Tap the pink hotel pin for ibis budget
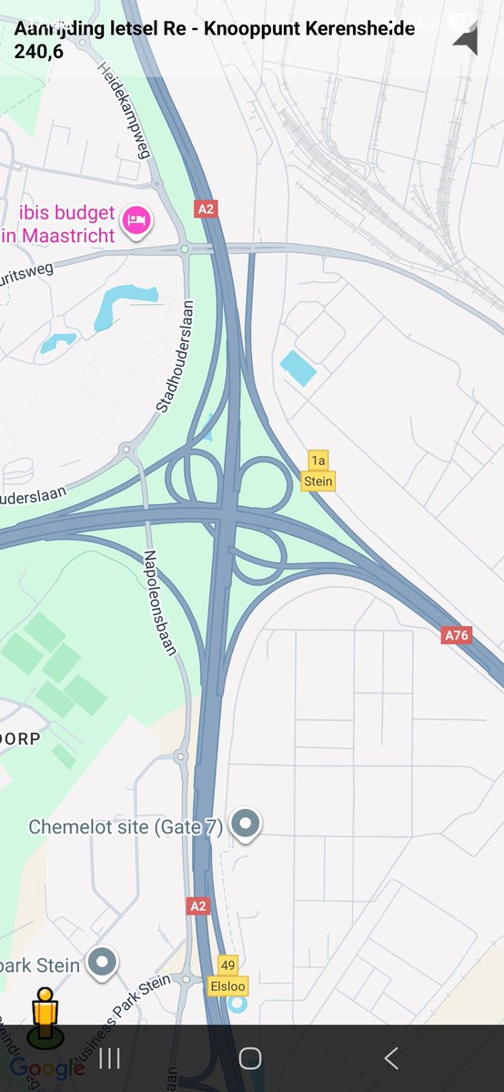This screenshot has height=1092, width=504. (x=138, y=219)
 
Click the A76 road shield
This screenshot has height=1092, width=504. (x=456, y=635)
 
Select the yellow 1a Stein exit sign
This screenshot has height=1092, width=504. (x=318, y=470)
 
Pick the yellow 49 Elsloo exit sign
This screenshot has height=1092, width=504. (x=227, y=975)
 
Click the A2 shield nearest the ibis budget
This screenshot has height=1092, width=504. (x=207, y=209)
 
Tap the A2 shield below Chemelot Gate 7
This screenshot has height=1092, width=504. (x=197, y=905)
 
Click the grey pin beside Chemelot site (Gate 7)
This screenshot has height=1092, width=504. (x=245, y=824)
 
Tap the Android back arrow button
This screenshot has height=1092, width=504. (x=391, y=1058)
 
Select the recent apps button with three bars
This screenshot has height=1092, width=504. (x=109, y=1058)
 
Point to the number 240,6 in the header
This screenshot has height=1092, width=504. (x=39, y=51)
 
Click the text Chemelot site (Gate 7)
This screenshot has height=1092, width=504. (x=126, y=827)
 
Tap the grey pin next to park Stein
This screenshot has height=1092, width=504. (x=102, y=963)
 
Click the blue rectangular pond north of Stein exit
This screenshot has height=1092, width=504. (x=298, y=368)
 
